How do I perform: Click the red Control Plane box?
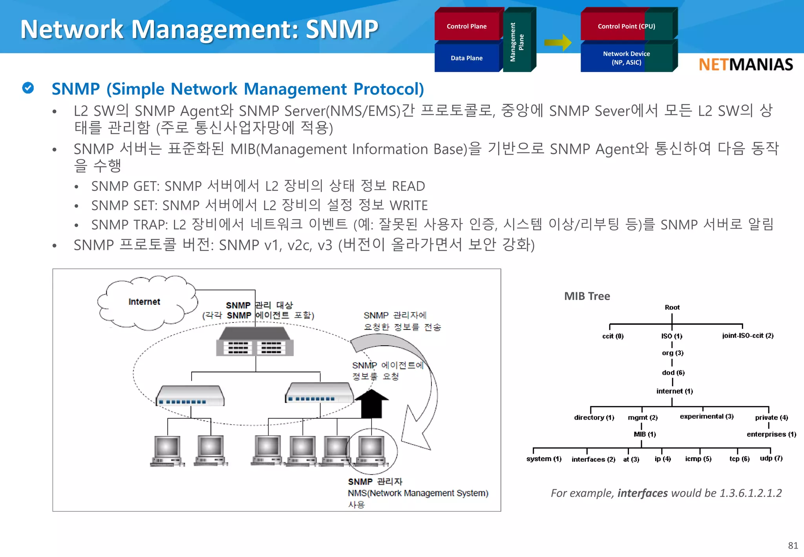tap(467, 26)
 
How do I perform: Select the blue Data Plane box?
tap(467, 58)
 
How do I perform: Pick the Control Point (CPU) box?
tap(626, 26)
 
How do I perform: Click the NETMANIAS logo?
tap(746, 64)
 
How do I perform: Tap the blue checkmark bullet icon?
tap(28, 88)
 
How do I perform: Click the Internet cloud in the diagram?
tap(144, 302)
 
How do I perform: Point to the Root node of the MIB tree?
tap(672, 308)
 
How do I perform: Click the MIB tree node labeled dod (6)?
tap(673, 372)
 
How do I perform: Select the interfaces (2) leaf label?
tap(593, 459)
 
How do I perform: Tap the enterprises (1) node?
tap(771, 434)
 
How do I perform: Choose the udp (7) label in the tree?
tap(771, 458)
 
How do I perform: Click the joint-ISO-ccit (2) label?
tap(747, 335)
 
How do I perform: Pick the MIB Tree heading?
tap(587, 296)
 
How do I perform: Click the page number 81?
tap(793, 546)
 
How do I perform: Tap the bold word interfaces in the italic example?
tap(642, 493)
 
